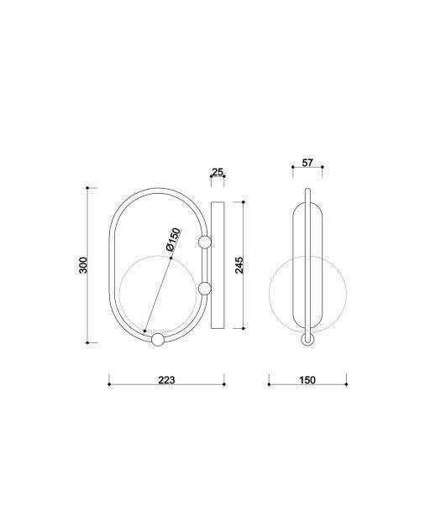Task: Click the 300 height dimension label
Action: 83,265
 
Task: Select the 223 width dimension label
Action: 167,380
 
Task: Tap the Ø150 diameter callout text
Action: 174,240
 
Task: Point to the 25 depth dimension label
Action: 218,172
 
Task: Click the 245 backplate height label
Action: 239,265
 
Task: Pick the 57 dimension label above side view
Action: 307,163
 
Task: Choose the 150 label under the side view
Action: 307,380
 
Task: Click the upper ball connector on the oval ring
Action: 205,242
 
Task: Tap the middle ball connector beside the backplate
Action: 205,289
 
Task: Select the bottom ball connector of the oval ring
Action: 158,340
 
